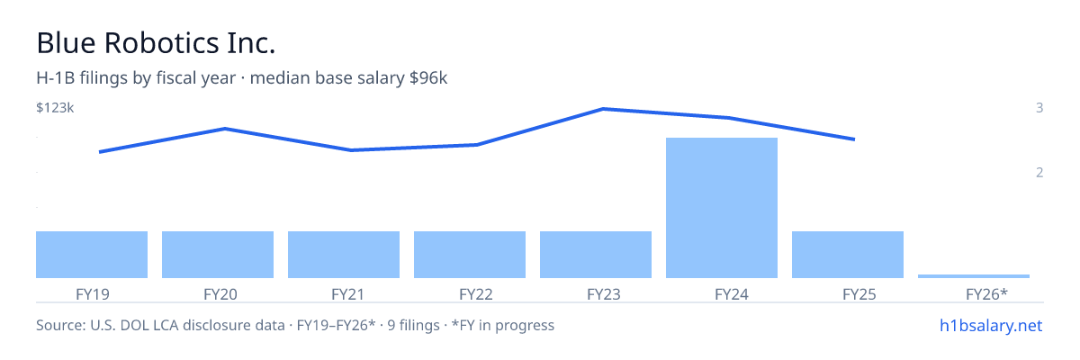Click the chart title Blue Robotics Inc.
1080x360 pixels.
tap(156, 43)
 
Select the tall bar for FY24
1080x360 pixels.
tap(721, 208)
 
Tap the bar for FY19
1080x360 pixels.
tap(92, 255)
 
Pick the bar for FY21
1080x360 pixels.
tap(344, 255)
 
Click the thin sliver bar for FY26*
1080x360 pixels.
tap(974, 276)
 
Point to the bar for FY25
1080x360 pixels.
tap(848, 255)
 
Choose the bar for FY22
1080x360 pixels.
tap(470, 255)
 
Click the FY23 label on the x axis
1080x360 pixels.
tap(604, 294)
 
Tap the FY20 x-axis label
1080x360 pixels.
tap(220, 294)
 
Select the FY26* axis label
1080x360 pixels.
tap(986, 294)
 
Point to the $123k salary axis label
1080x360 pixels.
tap(55, 108)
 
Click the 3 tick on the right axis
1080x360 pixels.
tap(1039, 108)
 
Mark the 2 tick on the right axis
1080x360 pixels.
tap(1039, 173)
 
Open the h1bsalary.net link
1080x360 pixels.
tap(991, 325)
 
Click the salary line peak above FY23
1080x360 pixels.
tap(604, 109)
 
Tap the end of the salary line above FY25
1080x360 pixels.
tap(854, 139)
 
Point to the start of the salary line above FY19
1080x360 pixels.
tap(99, 152)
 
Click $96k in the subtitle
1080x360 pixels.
tap(428, 78)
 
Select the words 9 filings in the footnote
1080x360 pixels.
tap(414, 325)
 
